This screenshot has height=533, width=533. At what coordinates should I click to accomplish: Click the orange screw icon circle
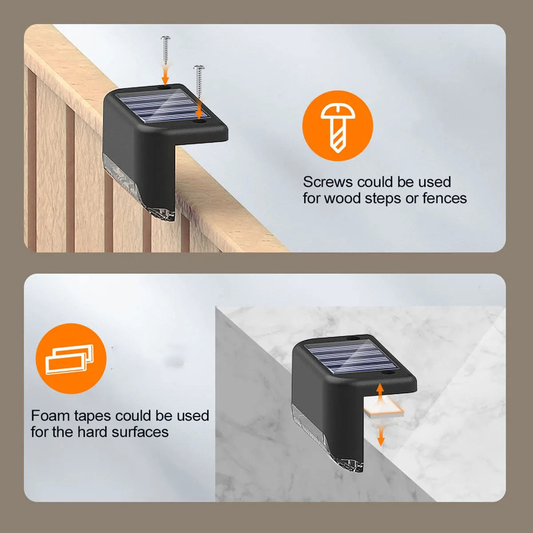[338, 126]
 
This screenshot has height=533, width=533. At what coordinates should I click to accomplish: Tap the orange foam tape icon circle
[71, 359]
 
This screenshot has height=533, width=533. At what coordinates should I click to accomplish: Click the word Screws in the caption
[328, 182]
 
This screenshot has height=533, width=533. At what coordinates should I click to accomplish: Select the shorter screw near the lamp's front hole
[199, 81]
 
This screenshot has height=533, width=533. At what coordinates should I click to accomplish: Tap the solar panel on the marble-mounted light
[350, 358]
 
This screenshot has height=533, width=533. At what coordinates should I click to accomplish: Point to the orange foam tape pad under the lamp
[384, 411]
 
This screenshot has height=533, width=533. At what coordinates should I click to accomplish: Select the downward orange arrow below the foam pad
[381, 436]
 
